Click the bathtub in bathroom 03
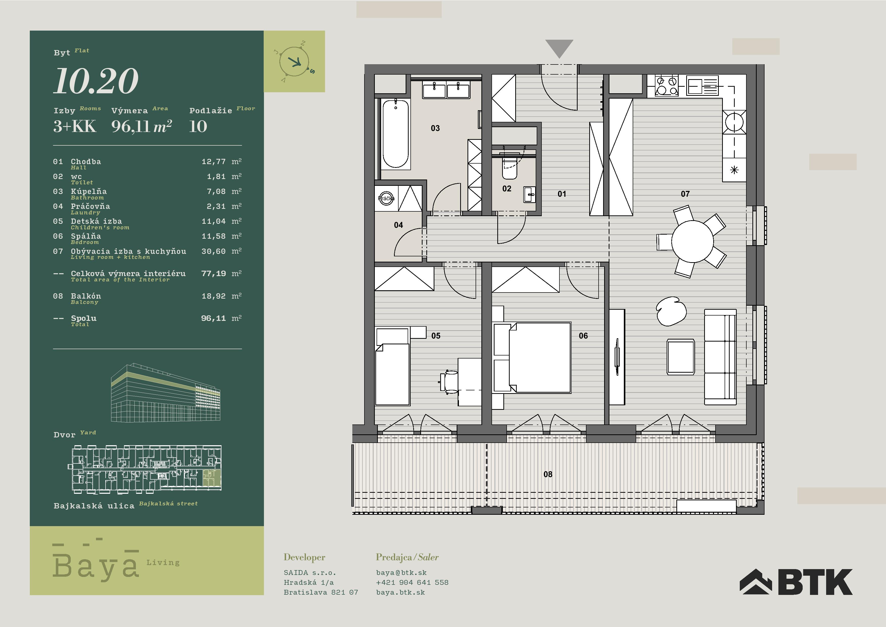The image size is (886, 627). coord(395,134)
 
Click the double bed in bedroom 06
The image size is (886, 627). coord(539,357)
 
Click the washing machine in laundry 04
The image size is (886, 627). coord(386,198)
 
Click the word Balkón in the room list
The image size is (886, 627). coord(86,296)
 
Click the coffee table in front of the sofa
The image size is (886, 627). coord(681,356)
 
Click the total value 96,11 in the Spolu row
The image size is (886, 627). coord(213,318)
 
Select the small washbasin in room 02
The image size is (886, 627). coord(529,195)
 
